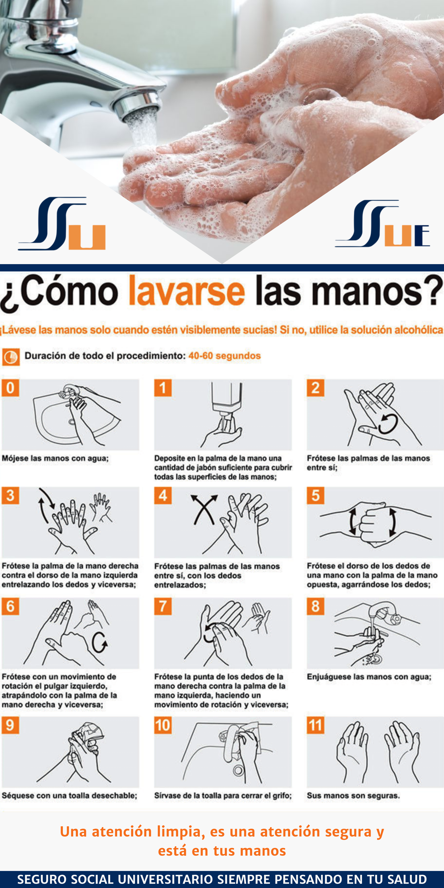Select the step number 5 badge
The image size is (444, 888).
[x=315, y=495]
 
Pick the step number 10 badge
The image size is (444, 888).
[x=163, y=725]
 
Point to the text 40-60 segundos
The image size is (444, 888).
[x=224, y=356]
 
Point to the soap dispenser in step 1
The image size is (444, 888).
[x=226, y=400]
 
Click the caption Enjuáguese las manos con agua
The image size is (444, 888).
[x=369, y=677]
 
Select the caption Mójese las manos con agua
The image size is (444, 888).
[x=55, y=458]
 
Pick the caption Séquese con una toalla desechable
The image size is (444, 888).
[x=69, y=796]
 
